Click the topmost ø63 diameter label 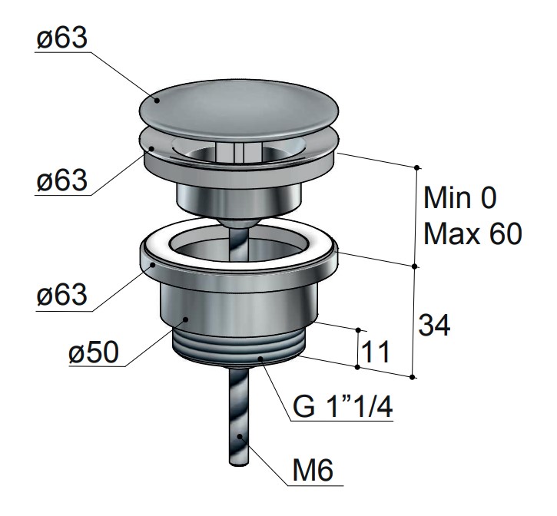pyautogui.click(x=61, y=38)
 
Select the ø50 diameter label pyautogui.click(x=94, y=352)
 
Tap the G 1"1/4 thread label pyautogui.click(x=343, y=406)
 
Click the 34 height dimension pyautogui.click(x=434, y=325)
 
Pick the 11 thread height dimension pyautogui.click(x=376, y=351)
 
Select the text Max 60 pyautogui.click(x=472, y=233)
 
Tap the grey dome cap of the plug pyautogui.click(x=239, y=111)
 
